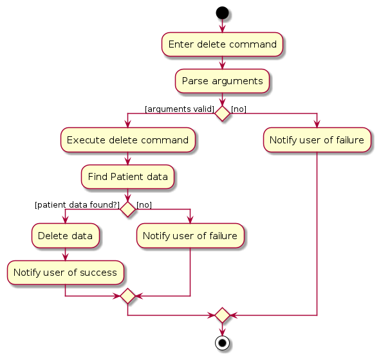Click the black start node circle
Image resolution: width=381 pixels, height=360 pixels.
[x=222, y=13]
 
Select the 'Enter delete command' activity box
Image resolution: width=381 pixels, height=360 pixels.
[x=222, y=44]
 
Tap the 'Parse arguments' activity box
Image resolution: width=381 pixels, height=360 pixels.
[x=222, y=81]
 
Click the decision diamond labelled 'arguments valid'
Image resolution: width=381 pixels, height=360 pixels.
[x=222, y=113]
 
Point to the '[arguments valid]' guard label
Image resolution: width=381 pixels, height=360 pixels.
[x=180, y=109]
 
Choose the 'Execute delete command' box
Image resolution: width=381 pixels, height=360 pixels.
[x=127, y=140]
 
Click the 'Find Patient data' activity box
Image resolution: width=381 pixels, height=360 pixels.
[x=127, y=177]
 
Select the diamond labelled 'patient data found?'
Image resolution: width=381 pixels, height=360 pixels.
[x=127, y=209]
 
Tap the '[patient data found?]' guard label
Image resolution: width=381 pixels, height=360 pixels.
[x=77, y=205]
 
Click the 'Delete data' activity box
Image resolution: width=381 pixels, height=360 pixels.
[x=65, y=236]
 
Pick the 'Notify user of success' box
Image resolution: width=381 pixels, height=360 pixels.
[x=65, y=273]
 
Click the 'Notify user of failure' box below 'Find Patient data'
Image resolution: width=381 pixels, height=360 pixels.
[x=190, y=236]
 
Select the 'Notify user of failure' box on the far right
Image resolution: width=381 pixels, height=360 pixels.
[x=317, y=140]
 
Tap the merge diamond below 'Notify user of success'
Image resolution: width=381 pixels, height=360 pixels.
[x=127, y=296]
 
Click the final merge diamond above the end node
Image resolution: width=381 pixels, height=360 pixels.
[x=222, y=316]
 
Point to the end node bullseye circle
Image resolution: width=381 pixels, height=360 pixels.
[x=222, y=343]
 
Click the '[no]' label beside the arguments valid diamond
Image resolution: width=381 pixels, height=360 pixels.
[x=239, y=109]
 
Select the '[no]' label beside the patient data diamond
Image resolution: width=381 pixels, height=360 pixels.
[x=144, y=205]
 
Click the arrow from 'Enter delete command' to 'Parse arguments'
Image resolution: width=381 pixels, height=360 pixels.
[x=222, y=63]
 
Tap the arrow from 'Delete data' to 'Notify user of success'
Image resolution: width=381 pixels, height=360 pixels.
[x=65, y=254]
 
